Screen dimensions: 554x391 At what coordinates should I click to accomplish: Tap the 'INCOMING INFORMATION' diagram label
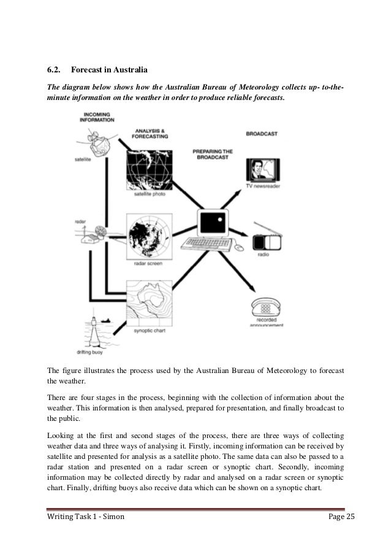click(x=97, y=117)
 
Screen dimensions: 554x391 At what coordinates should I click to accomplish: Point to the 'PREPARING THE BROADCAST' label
click(x=213, y=153)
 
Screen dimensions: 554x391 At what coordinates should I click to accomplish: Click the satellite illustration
click(x=97, y=144)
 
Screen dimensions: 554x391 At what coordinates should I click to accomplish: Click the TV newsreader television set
click(x=262, y=169)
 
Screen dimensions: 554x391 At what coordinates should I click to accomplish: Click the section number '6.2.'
click(x=55, y=68)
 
